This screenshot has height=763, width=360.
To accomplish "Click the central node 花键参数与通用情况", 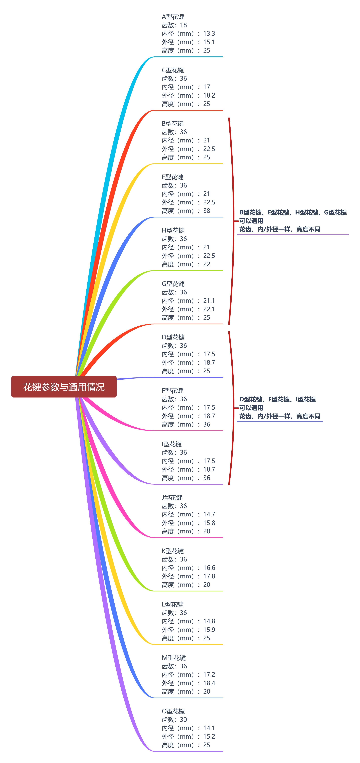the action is pos(64,387).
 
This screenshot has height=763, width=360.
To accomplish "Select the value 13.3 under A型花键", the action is pos(209,33).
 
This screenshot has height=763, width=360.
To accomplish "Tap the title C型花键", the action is pos(173,70).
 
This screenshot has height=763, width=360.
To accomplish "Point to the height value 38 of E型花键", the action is pos(206,211).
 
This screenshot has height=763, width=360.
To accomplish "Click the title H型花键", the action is pos(173,230).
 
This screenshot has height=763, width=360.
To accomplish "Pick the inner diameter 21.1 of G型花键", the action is pos(209,301).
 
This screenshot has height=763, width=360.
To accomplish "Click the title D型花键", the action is pos(173,337).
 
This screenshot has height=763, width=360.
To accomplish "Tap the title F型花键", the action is pos(172,391).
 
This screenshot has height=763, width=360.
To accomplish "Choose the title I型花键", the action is pos(172,444).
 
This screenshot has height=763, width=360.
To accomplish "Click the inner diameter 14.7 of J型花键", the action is pos(209,514).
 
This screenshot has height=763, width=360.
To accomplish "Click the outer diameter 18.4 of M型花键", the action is pos(209,683).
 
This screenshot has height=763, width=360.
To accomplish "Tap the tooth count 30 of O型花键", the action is pos(183,719).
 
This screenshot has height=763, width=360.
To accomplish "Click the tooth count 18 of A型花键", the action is pos(183,25).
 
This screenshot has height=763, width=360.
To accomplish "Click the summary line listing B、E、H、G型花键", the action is pos(293,212).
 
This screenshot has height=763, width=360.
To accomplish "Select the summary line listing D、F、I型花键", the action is pos(277,399).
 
